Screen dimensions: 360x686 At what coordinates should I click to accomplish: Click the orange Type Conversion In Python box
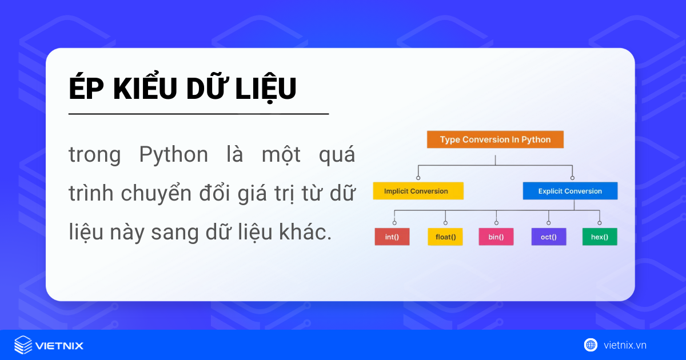(495, 139)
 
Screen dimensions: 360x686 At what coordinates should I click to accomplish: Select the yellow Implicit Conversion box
(418, 191)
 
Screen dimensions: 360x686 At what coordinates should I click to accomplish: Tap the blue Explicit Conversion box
(570, 191)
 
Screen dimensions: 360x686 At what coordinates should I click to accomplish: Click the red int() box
(392, 237)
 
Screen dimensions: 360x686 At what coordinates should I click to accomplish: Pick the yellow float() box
(445, 237)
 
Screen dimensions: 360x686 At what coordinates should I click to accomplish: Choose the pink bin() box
(496, 237)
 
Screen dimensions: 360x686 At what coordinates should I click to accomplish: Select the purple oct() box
(548, 237)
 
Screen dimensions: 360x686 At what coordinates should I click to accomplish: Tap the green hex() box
(600, 237)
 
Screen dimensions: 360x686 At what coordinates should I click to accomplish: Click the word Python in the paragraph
(173, 155)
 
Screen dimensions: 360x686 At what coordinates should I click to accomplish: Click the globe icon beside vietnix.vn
(591, 345)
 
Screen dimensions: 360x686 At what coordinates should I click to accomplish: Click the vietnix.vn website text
(625, 345)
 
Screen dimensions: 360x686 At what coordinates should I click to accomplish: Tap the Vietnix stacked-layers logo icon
(23, 345)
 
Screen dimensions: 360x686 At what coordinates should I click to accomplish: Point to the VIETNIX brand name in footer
(59, 345)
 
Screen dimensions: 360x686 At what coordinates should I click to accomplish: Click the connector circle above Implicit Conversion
(418, 178)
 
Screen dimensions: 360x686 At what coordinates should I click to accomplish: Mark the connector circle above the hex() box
(600, 223)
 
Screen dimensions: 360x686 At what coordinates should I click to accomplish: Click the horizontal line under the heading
(198, 114)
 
